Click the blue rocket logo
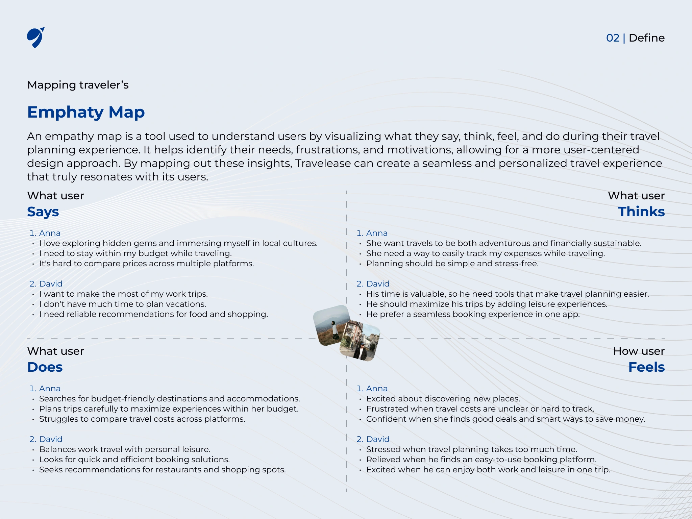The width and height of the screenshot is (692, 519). click(x=35, y=38)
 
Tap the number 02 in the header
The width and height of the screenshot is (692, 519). click(x=613, y=38)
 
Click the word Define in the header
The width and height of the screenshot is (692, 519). click(x=646, y=38)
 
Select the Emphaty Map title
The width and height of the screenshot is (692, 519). click(x=86, y=112)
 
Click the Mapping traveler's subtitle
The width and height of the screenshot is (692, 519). click(x=78, y=85)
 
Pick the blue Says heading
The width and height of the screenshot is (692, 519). click(x=43, y=212)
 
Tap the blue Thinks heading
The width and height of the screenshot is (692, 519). click(x=641, y=212)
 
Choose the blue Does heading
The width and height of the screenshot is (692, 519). click(x=45, y=367)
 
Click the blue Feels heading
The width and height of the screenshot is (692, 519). click(x=646, y=367)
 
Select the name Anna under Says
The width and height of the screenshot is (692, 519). click(x=50, y=233)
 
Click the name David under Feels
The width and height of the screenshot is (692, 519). click(x=378, y=439)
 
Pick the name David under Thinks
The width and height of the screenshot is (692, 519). click(x=378, y=284)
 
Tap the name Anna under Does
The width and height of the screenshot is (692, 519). click(x=50, y=389)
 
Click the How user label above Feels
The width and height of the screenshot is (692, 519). click(x=639, y=351)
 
